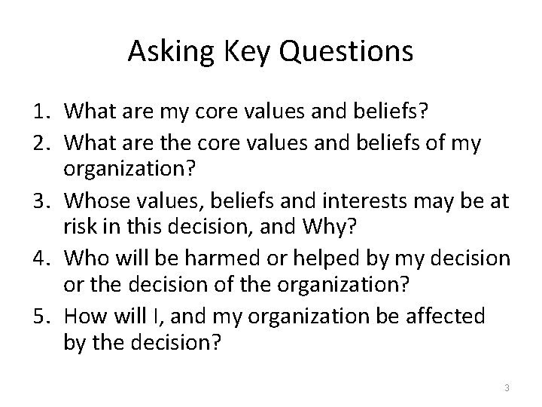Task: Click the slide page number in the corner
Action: tap(507, 387)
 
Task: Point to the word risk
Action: tap(81, 227)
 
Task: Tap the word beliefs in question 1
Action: tap(400, 112)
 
